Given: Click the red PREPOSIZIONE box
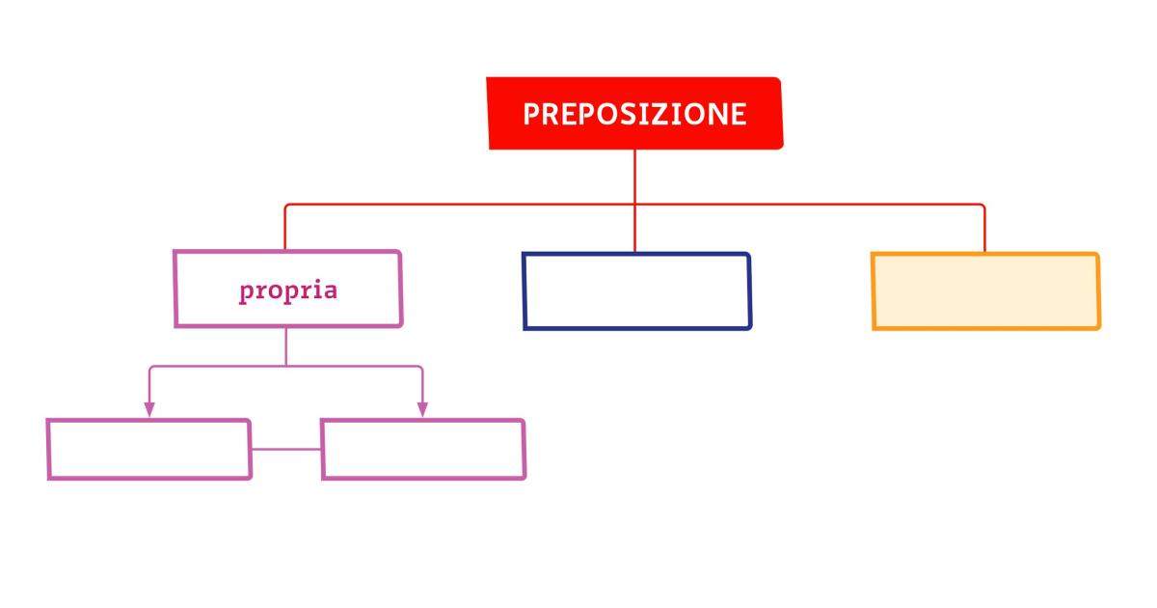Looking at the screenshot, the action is click(634, 113).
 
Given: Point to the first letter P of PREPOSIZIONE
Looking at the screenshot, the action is click(531, 114).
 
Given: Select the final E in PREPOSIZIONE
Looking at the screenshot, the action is click(739, 114).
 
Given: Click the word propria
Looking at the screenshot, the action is click(288, 291).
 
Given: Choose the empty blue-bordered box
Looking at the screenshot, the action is click(637, 291).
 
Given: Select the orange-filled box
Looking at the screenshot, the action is click(986, 291).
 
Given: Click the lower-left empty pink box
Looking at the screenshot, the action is click(149, 450).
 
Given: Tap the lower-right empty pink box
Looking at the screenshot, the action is click(423, 450).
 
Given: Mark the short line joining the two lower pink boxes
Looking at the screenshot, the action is click(286, 450).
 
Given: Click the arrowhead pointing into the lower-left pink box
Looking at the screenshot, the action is click(149, 409).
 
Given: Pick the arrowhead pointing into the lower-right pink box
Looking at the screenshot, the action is click(422, 409).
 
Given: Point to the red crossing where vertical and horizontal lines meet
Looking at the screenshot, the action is click(634, 205).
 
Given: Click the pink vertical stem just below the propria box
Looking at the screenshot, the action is click(286, 346).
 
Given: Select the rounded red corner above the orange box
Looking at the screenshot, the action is click(982, 207).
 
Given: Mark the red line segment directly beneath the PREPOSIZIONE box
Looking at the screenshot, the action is click(634, 177).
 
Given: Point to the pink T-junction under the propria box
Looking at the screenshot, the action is click(286, 366).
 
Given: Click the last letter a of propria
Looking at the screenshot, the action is click(330, 291).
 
